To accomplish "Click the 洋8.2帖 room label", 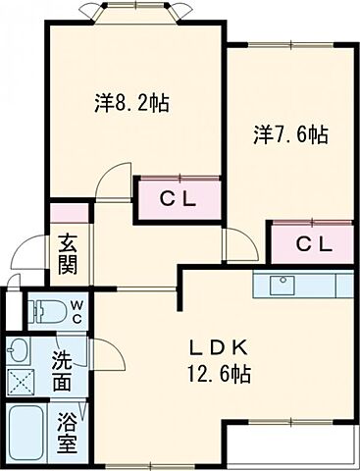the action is [131, 102].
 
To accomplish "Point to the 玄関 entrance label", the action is [68, 251].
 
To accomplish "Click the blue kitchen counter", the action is [324, 285].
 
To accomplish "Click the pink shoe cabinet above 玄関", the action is [68, 211].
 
